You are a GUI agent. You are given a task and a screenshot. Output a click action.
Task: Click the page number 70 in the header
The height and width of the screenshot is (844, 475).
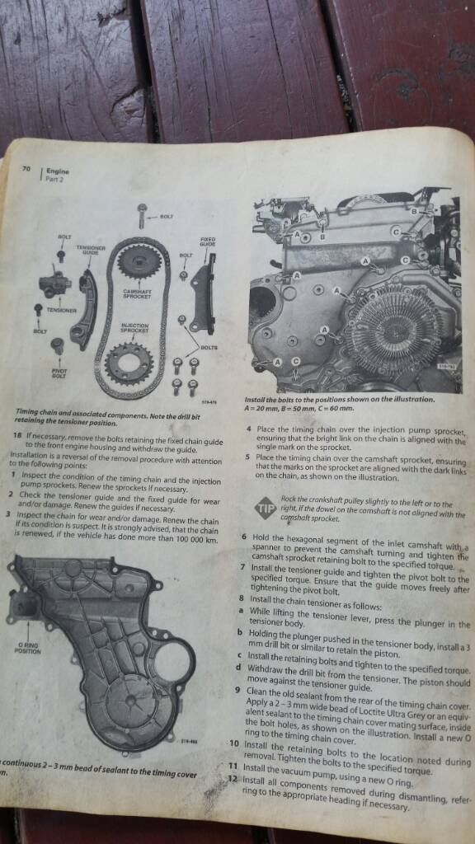click(x=26, y=169)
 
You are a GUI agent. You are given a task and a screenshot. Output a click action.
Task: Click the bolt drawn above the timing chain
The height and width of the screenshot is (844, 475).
click(x=142, y=215)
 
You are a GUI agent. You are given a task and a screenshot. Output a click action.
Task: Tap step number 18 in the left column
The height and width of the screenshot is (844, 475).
click(x=18, y=434)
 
